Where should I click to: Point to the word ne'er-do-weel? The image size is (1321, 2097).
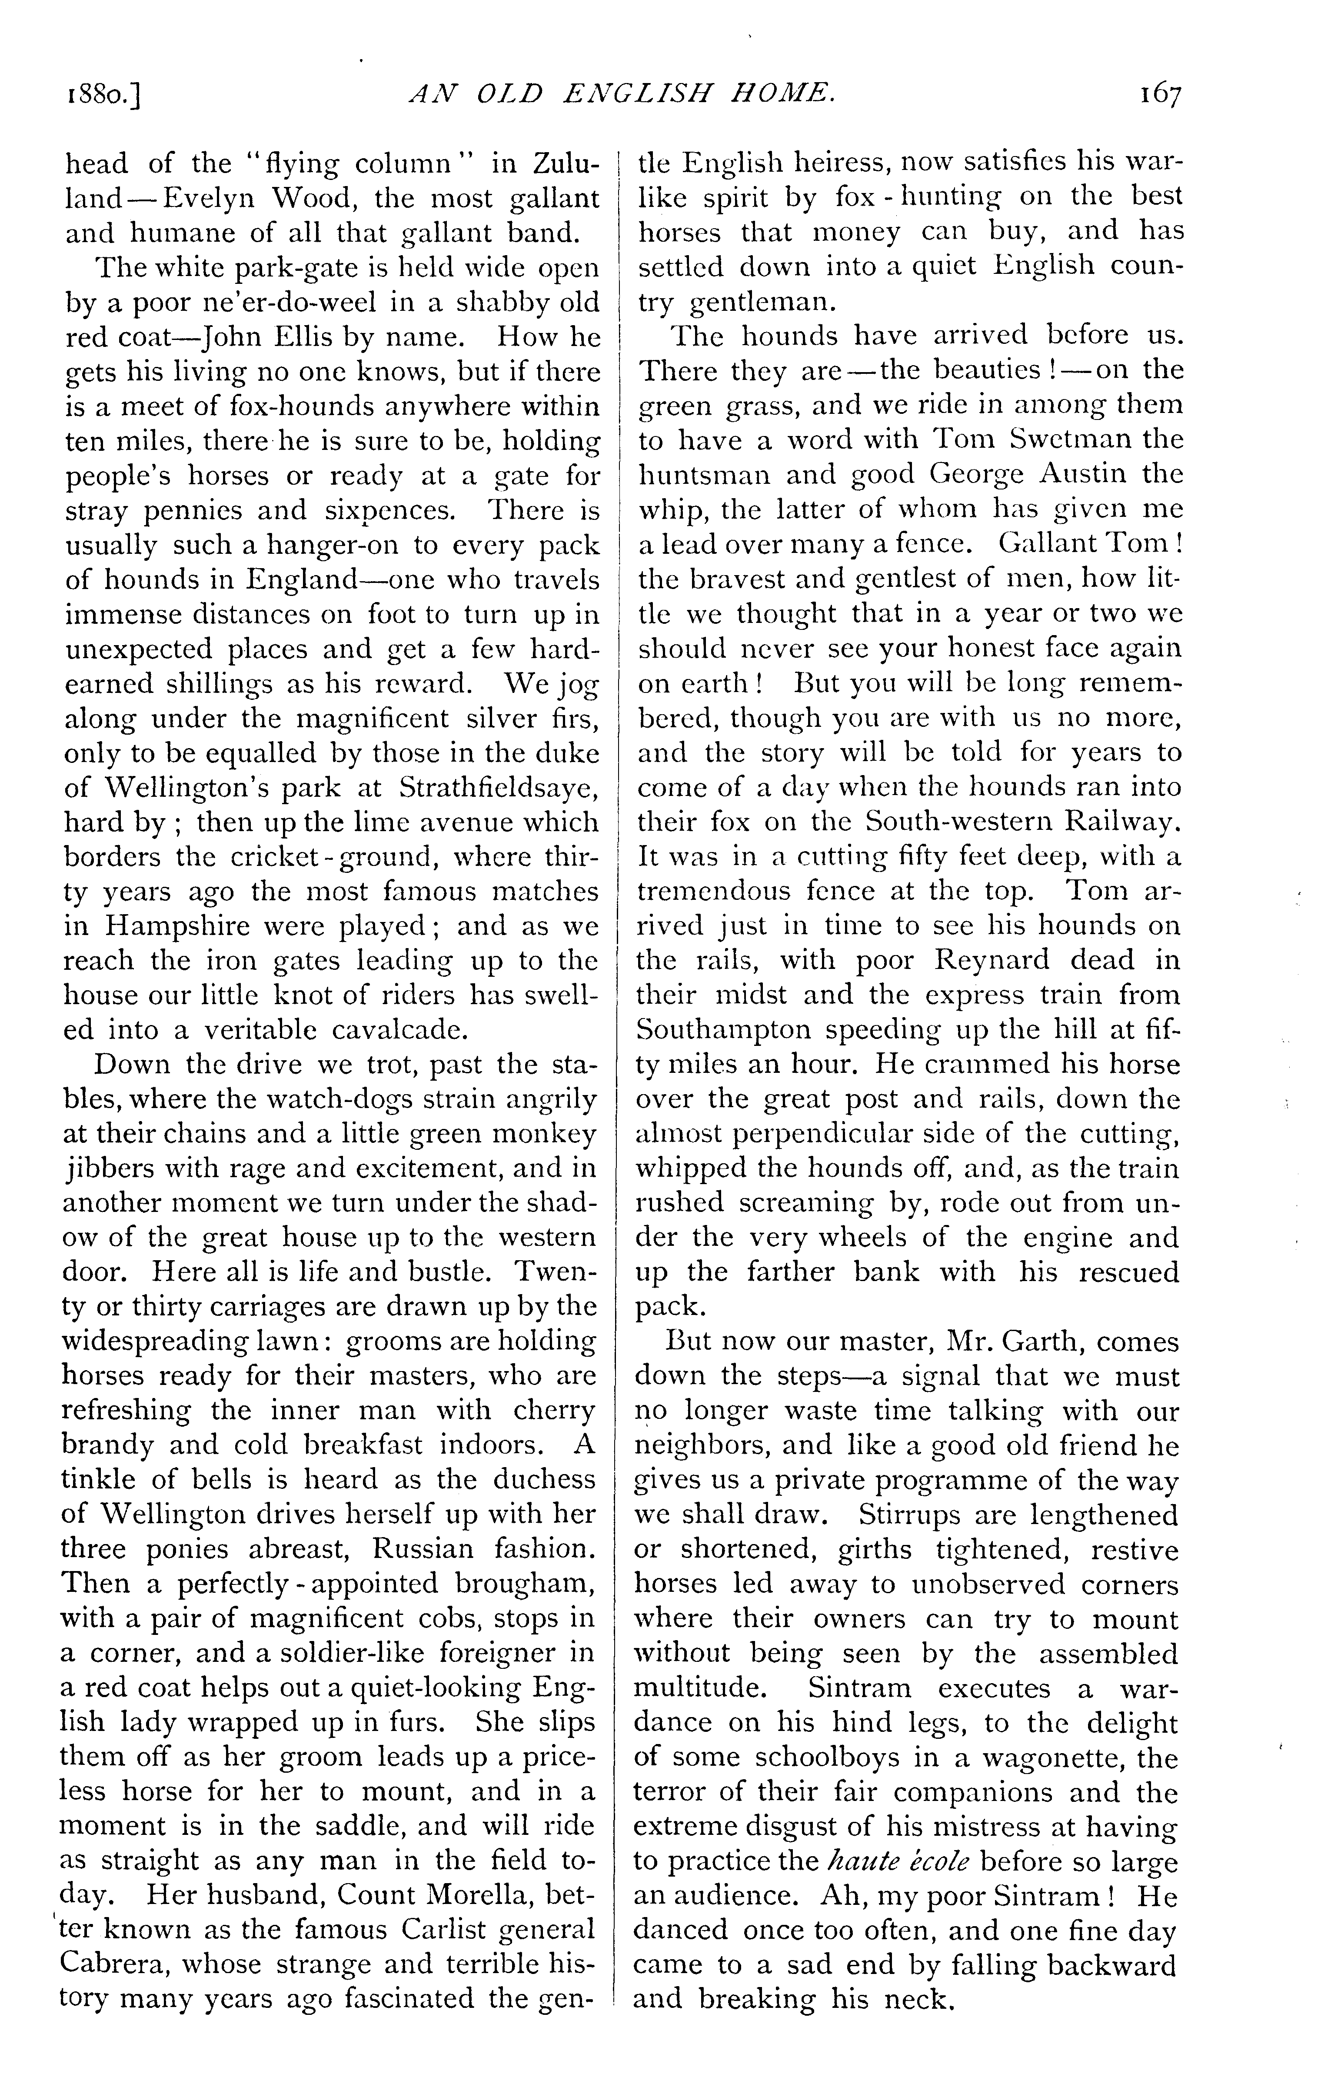click(306, 302)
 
